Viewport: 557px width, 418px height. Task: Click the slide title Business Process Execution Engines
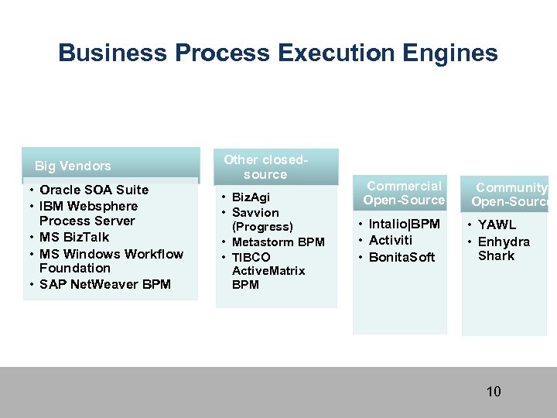click(278, 53)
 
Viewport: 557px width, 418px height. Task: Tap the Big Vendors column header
click(73, 166)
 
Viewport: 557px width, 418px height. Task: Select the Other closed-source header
click(265, 167)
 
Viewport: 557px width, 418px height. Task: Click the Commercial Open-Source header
click(404, 193)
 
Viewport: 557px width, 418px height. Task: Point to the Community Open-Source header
click(511, 194)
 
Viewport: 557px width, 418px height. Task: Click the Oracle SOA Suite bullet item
click(94, 190)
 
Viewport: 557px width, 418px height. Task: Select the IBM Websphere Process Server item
click(88, 214)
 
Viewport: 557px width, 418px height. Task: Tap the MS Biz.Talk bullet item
click(74, 237)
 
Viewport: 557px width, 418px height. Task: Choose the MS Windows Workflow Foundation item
click(111, 261)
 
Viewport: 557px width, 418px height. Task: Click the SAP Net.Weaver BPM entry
click(104, 284)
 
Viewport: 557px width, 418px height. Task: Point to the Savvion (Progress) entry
click(261, 219)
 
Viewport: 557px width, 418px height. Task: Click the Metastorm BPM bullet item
click(278, 242)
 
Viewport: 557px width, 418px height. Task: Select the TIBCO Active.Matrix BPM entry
click(268, 270)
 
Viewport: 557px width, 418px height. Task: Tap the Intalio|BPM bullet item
click(404, 224)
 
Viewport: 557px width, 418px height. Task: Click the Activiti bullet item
click(391, 240)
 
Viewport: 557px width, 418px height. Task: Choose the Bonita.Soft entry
click(402, 257)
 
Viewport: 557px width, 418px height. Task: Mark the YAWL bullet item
click(497, 225)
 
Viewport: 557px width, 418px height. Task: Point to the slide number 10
click(494, 392)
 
